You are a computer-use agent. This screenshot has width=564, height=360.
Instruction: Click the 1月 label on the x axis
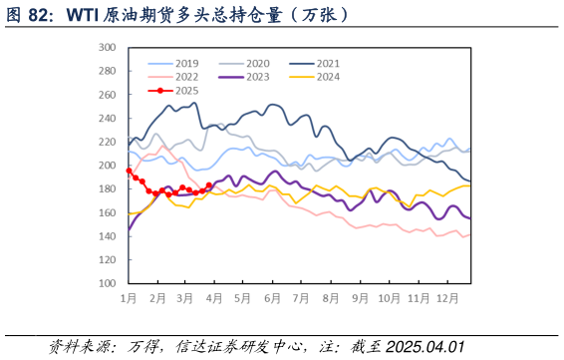[x=129, y=298]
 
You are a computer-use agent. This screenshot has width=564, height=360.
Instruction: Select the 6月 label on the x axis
[x=272, y=298]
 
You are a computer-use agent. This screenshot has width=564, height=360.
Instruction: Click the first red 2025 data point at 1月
[x=129, y=171]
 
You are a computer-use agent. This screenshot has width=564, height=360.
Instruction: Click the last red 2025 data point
[x=209, y=185]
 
